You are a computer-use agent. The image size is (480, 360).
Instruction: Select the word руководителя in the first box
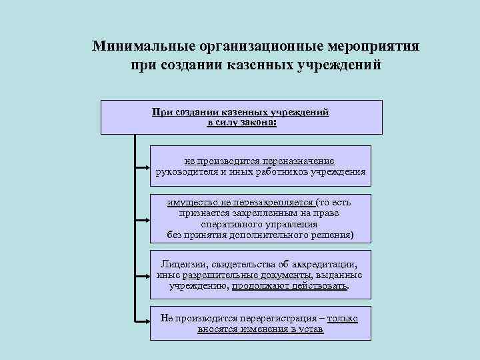click(x=184, y=171)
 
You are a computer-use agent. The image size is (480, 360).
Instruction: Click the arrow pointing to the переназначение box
click(x=142, y=166)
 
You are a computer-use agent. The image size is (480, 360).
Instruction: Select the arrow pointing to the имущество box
click(x=142, y=218)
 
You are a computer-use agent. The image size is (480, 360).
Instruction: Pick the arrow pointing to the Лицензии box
click(x=142, y=274)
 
